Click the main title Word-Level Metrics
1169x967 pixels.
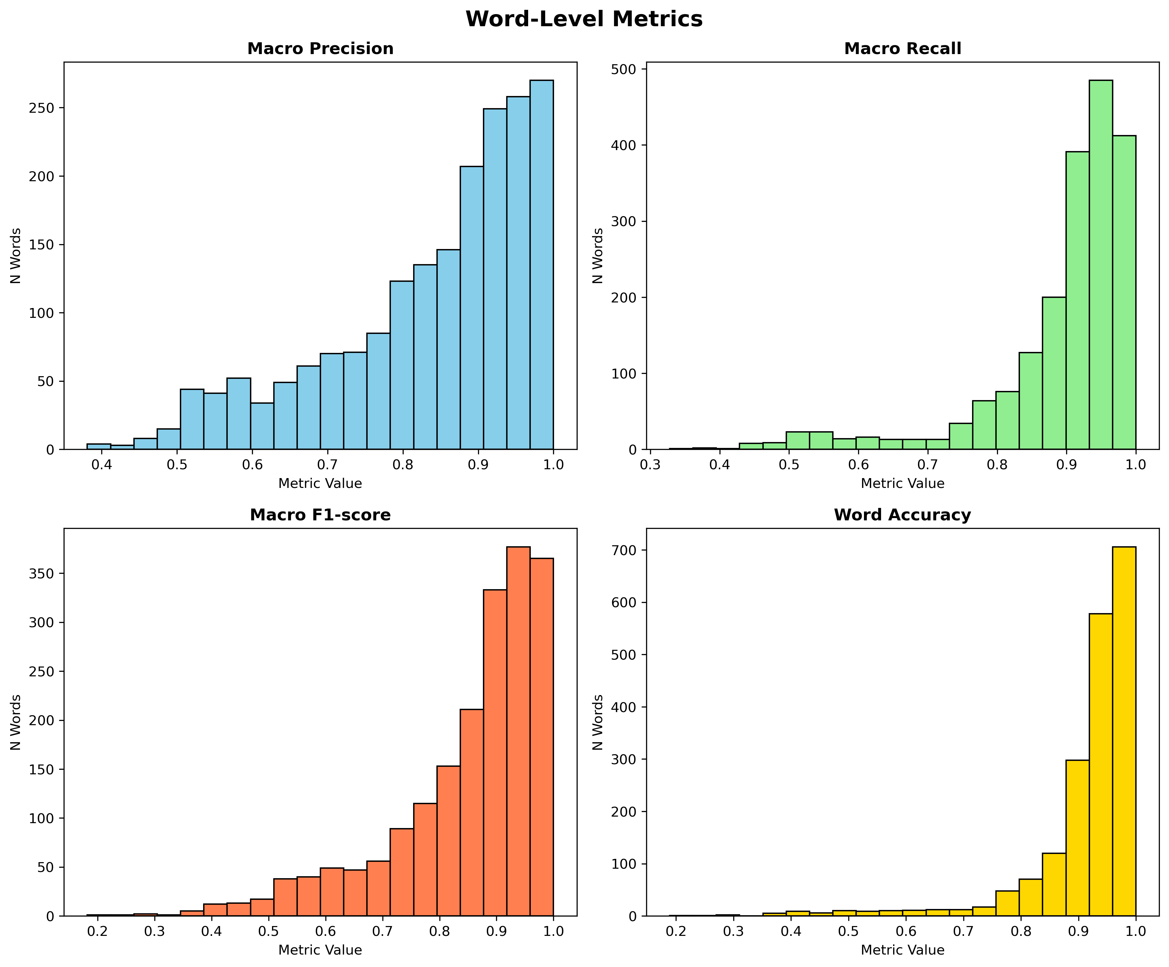tap(584, 19)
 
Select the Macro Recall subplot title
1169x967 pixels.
tap(902, 49)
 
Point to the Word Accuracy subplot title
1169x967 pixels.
tap(902, 515)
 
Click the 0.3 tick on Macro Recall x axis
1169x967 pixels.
tap(650, 464)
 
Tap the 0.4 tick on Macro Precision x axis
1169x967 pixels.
tap(101, 464)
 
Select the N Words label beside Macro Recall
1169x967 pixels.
tap(598, 256)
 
